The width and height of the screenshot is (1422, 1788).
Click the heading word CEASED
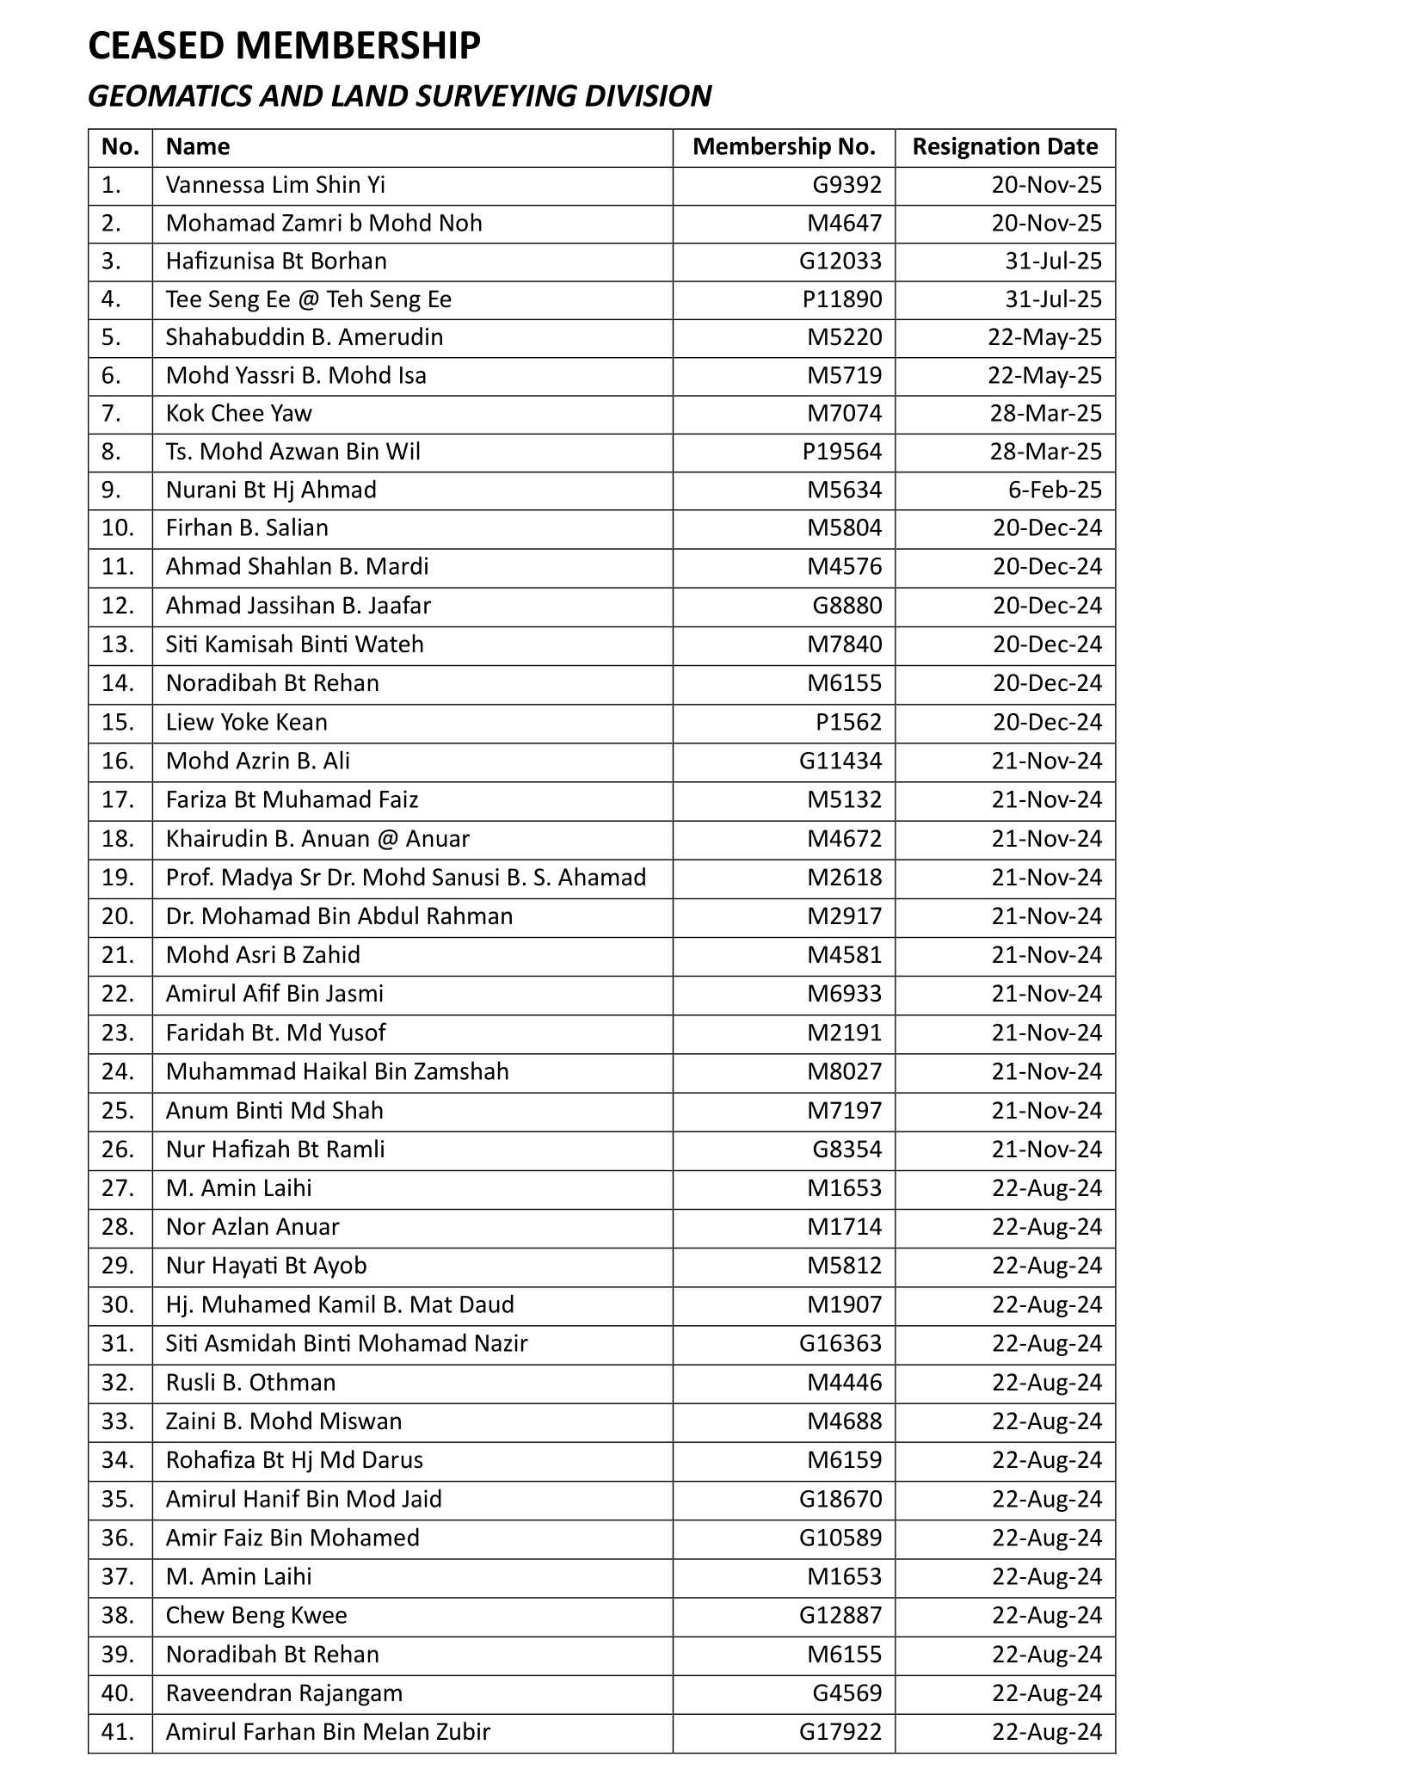157,46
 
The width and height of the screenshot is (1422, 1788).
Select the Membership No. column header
784,147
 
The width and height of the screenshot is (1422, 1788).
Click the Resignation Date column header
1005,147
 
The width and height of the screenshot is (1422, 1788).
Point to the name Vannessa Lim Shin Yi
275,185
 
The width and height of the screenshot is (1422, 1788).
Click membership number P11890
842,299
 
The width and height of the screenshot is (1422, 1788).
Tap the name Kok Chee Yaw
238,414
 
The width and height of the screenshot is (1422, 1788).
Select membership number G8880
847,606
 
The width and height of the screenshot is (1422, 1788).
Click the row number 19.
118,878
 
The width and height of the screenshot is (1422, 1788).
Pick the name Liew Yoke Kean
246,722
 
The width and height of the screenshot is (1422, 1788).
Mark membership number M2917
844,916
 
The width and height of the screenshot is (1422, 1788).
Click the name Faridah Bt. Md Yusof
275,1033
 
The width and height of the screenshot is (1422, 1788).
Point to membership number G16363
840,1343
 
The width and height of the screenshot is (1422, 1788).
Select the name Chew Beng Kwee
256,1615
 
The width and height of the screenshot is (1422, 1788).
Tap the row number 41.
118,1731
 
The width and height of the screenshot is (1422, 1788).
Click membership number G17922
840,1731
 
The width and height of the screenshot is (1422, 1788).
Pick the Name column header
198,147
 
